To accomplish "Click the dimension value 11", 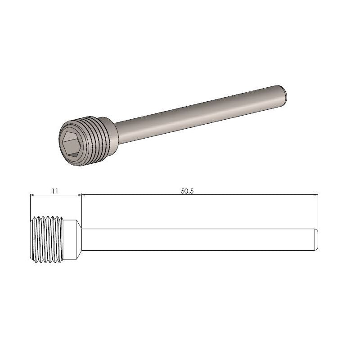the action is pos(54,191).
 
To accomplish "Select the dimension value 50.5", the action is pos(187,191).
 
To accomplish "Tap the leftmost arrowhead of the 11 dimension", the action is pos(32,195).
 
